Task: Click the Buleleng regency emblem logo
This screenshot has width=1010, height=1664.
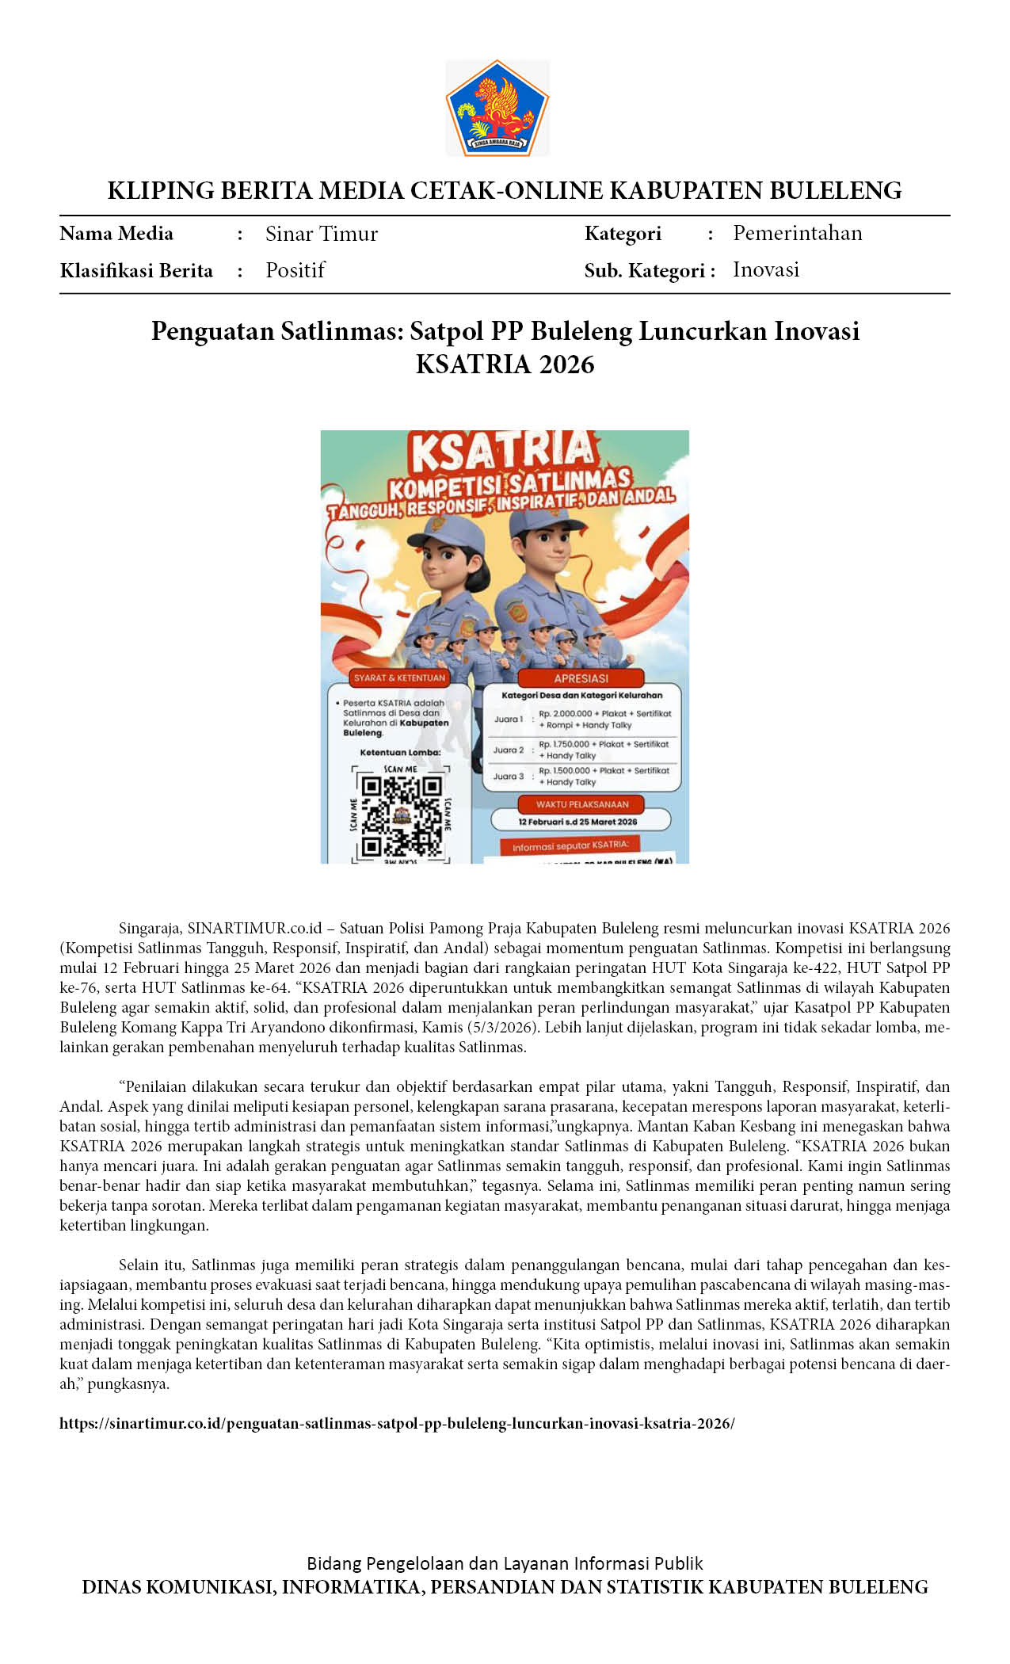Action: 497,108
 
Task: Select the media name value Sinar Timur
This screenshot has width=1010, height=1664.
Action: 322,234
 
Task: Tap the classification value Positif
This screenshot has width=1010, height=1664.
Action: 295,270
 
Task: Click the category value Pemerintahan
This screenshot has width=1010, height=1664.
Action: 797,233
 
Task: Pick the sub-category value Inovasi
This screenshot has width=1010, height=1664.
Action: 765,269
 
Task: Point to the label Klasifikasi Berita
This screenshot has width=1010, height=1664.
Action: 136,271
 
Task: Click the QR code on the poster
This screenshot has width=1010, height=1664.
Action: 401,817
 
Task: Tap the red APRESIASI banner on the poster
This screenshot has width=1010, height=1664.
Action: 581,678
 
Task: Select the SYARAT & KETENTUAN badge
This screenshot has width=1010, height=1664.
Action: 399,677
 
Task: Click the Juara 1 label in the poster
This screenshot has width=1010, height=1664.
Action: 509,719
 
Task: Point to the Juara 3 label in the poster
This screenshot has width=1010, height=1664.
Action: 509,777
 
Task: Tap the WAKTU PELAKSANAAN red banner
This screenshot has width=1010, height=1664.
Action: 581,804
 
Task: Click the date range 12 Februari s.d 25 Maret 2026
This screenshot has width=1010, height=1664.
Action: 577,822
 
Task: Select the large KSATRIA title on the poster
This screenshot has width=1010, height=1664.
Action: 502,452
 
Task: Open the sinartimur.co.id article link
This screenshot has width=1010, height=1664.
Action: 397,1423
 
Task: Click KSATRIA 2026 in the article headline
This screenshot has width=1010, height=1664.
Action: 505,364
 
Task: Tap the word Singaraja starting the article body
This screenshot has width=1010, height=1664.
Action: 151,928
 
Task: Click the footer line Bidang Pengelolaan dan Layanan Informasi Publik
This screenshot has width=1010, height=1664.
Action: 505,1563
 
